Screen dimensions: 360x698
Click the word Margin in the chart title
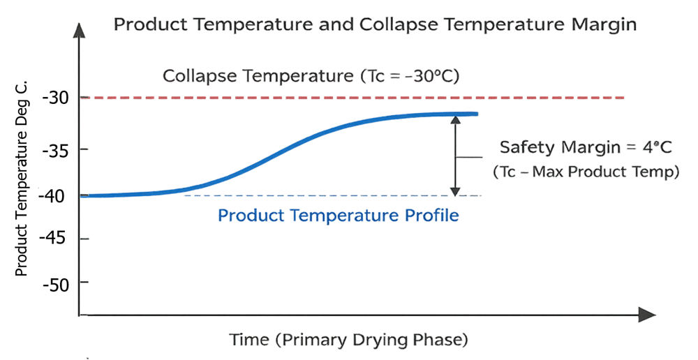(602, 26)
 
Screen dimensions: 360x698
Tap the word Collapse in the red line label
(198, 75)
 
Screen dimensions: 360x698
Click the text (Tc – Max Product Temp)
(586, 172)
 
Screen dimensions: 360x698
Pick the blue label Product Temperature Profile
(339, 216)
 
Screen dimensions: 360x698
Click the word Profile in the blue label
(433, 216)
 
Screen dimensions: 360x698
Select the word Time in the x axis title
(248, 340)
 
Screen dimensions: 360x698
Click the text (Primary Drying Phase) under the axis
(370, 340)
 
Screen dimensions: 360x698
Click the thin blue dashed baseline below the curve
(349, 195)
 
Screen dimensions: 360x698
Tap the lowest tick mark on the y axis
(84, 282)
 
